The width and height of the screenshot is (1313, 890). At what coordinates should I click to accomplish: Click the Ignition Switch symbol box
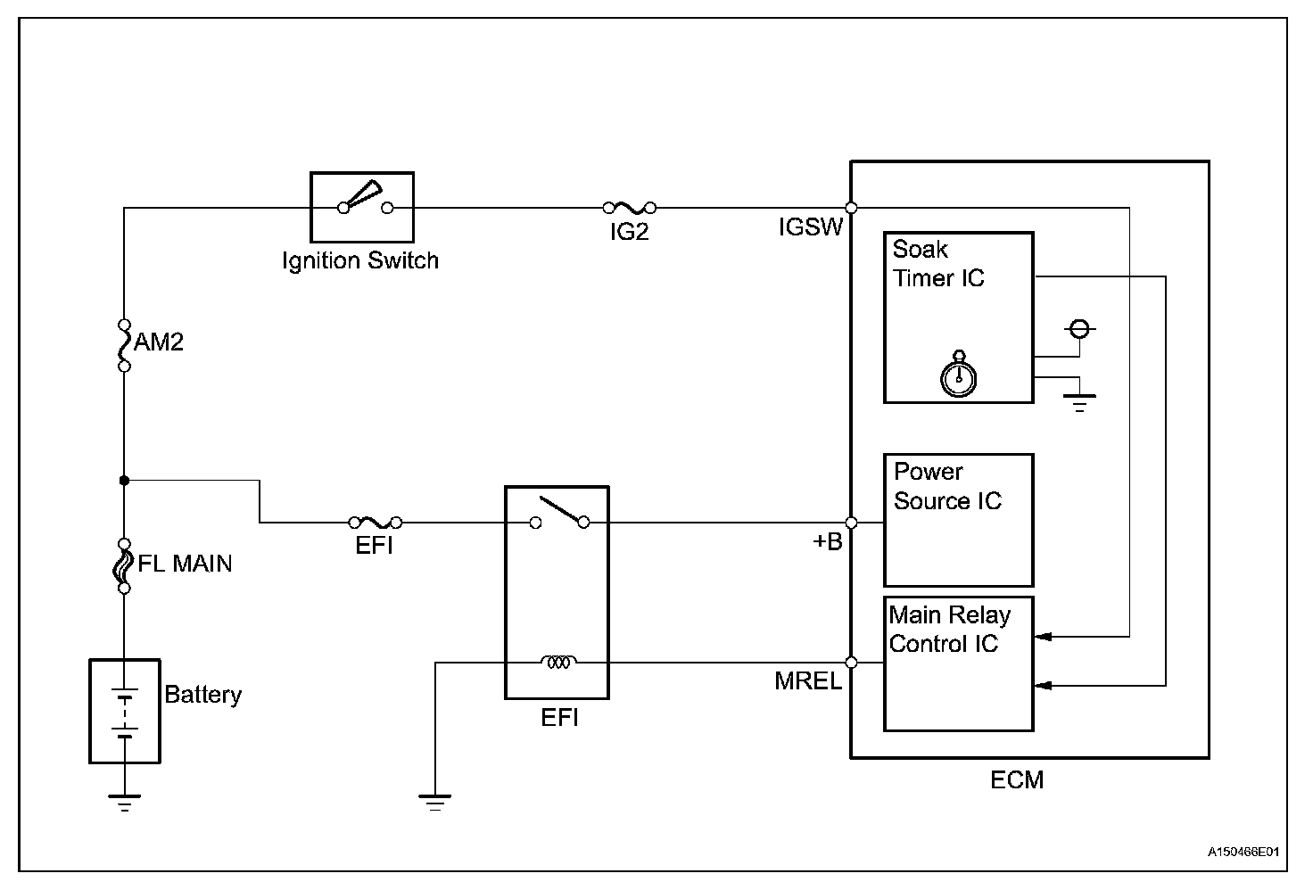pyautogui.click(x=361, y=207)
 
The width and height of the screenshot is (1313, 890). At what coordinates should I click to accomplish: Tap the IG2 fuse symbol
pyautogui.click(x=630, y=208)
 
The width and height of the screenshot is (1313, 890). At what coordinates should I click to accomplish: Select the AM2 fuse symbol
pyautogui.click(x=124, y=345)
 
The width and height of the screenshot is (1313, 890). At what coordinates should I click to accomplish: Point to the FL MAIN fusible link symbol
pyautogui.click(x=123, y=566)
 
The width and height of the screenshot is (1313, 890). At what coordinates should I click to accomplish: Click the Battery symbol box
pyautogui.click(x=125, y=712)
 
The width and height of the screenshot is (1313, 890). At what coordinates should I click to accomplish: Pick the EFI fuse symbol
pyautogui.click(x=376, y=522)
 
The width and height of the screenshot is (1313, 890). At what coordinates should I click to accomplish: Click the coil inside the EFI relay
pyautogui.click(x=558, y=662)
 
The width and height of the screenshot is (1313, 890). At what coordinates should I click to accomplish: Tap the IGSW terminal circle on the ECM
pyautogui.click(x=851, y=208)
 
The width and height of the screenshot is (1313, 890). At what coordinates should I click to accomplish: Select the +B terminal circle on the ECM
pyautogui.click(x=851, y=523)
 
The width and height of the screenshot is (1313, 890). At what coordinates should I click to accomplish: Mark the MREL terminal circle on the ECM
pyautogui.click(x=851, y=663)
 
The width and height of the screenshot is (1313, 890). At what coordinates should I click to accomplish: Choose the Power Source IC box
pyautogui.click(x=958, y=520)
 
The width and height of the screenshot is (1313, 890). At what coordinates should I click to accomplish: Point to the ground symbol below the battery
pyautogui.click(x=124, y=803)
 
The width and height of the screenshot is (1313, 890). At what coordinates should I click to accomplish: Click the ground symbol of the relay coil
pyautogui.click(x=435, y=803)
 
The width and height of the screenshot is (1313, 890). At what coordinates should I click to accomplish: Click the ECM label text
pyautogui.click(x=1017, y=779)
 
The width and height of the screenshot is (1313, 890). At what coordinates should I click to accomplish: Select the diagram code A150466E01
pyautogui.click(x=1243, y=852)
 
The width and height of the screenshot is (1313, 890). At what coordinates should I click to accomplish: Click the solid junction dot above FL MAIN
pyautogui.click(x=124, y=481)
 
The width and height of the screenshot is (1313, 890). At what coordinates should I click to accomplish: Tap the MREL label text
pyautogui.click(x=808, y=680)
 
